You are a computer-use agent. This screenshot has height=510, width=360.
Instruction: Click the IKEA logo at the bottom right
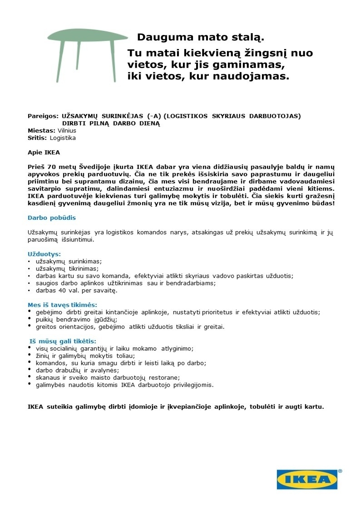tap(307, 480)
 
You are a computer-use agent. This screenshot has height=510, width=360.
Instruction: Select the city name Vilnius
tap(67, 130)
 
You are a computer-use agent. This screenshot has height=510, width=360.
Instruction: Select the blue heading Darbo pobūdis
tap(51, 218)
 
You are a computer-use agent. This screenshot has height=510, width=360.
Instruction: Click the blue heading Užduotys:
tap(44, 254)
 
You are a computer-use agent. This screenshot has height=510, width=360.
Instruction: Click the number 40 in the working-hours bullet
tap(61, 290)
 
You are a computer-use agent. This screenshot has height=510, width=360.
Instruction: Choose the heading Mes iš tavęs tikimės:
tap(63, 305)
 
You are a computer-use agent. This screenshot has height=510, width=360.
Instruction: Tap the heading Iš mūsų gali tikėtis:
tap(63, 341)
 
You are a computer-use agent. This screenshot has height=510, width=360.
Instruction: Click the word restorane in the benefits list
tap(166, 377)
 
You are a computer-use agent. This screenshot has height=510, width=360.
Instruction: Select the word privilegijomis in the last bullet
tap(189, 385)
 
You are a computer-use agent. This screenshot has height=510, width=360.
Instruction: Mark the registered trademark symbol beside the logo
tap(340, 472)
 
